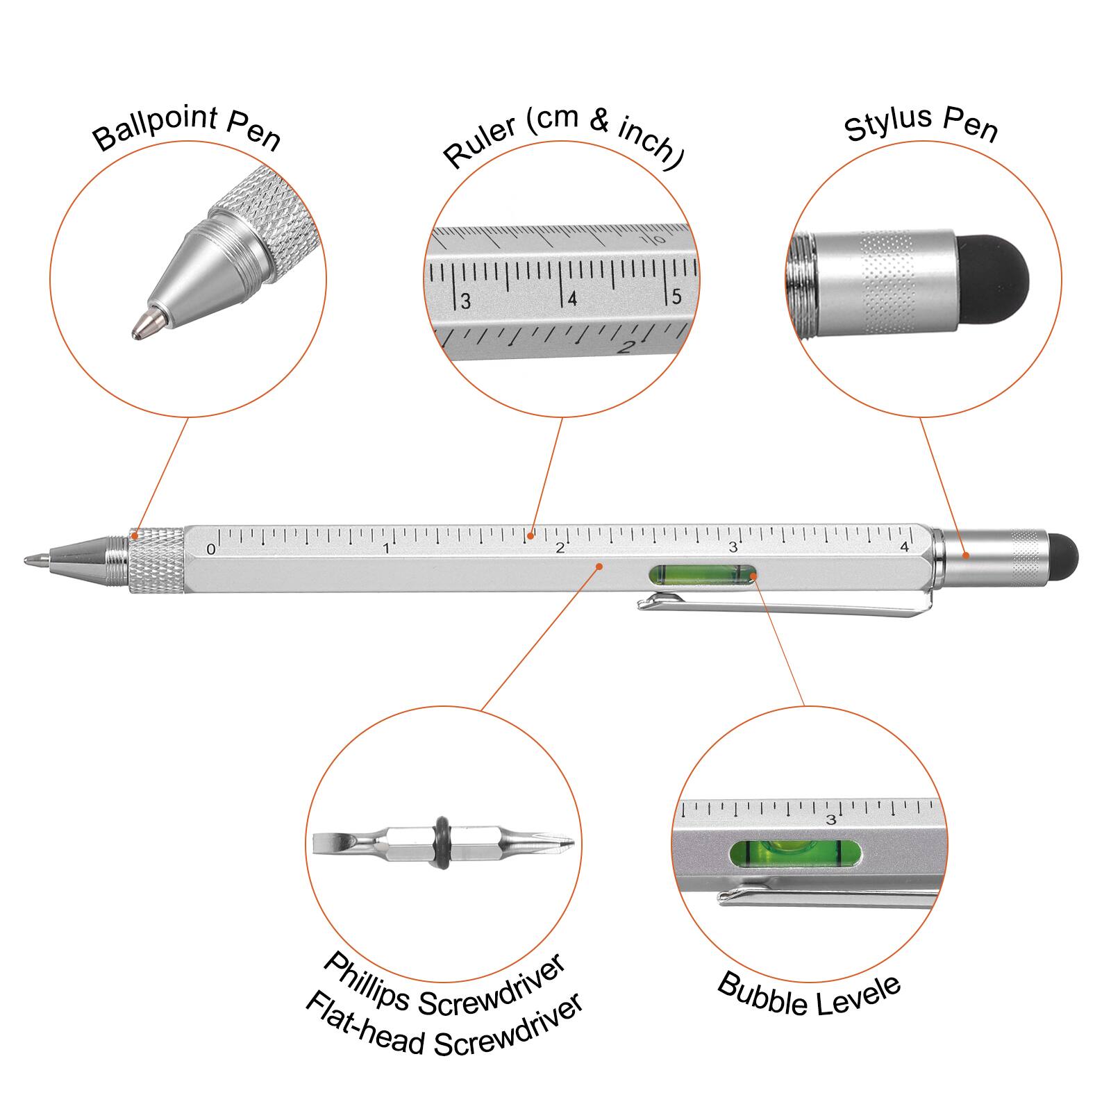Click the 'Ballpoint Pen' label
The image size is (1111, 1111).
(186, 128)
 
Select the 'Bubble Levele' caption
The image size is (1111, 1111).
(809, 995)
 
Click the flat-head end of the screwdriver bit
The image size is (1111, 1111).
(331, 842)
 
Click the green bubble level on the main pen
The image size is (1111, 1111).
(703, 575)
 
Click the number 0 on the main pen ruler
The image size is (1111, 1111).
(211, 549)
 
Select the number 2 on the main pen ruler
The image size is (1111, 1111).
(560, 549)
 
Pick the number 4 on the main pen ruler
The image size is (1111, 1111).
(904, 547)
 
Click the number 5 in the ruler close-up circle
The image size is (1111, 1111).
(676, 296)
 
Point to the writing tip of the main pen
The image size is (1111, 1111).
(31, 559)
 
